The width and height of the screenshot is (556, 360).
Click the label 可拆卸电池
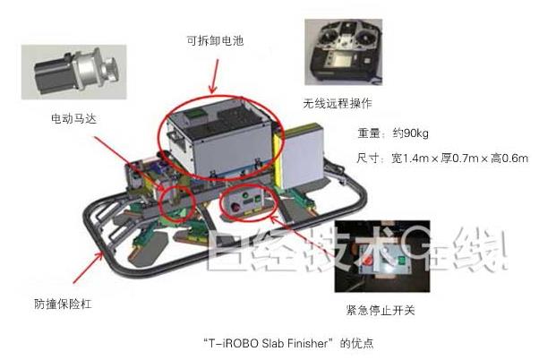click(215, 41)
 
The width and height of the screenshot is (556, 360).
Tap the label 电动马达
click(73, 118)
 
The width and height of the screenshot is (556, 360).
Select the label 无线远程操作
click(338, 103)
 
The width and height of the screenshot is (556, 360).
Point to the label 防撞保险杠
click(63, 304)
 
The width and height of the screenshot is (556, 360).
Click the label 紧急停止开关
click(381, 311)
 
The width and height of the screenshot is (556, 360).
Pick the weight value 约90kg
click(411, 133)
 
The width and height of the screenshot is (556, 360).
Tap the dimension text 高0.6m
click(509, 158)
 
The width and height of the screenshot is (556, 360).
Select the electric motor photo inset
click(73, 72)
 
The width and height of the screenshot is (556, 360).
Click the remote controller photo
click(344, 52)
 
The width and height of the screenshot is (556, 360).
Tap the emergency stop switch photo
click(382, 256)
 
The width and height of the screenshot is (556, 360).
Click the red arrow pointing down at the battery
click(214, 76)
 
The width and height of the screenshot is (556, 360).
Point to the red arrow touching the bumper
click(89, 267)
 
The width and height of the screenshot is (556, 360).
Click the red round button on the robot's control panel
click(235, 207)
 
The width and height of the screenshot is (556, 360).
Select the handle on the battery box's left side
click(175, 135)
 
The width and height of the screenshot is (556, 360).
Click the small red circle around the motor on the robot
click(176, 202)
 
